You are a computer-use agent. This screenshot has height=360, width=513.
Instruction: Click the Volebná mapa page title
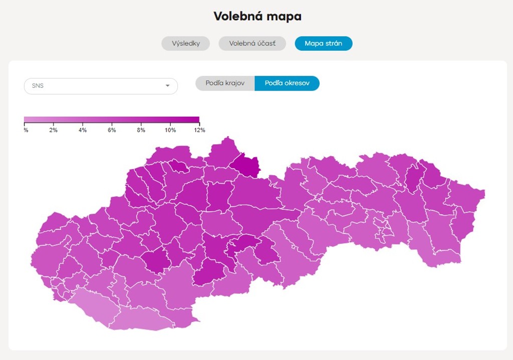[258, 17]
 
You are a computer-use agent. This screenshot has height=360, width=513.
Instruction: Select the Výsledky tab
[185, 44]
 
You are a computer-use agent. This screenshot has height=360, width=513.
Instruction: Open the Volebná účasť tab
[252, 44]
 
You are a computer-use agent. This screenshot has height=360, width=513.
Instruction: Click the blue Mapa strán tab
[323, 44]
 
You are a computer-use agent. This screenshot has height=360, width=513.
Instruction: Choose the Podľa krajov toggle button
[225, 83]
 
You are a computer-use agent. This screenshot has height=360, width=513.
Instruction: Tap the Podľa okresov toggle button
[287, 83]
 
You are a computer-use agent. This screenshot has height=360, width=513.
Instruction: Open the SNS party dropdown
[101, 86]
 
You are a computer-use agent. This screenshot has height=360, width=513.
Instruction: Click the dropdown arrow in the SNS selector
[167, 86]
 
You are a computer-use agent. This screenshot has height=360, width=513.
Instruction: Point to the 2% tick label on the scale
[53, 130]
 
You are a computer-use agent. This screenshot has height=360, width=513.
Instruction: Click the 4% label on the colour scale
[83, 130]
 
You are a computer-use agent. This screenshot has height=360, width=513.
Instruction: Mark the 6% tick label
[112, 130]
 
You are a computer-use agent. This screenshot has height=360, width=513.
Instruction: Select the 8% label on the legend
[141, 130]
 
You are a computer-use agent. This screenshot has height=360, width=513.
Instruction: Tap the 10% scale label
[170, 130]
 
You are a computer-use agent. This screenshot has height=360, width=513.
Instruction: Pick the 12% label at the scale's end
[199, 130]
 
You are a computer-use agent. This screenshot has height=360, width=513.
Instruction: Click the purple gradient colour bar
[111, 120]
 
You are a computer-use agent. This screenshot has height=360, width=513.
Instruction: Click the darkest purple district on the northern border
[246, 165]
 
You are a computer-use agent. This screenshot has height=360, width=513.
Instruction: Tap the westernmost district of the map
[43, 255]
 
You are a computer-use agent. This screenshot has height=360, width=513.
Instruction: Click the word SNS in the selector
[38, 86]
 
